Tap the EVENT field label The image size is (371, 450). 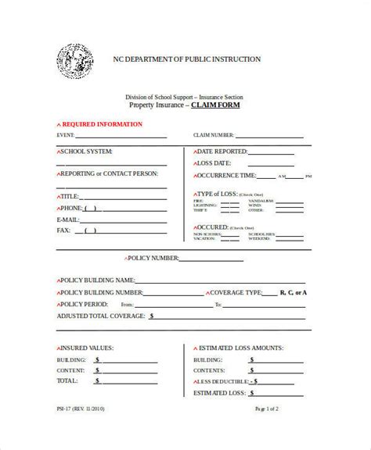coord(67,135)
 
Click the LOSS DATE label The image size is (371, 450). coord(214,164)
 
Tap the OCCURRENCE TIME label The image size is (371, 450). coord(227,177)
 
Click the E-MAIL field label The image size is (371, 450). coord(70,220)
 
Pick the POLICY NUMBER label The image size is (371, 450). coord(154,258)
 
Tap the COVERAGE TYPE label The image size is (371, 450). coord(236,292)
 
